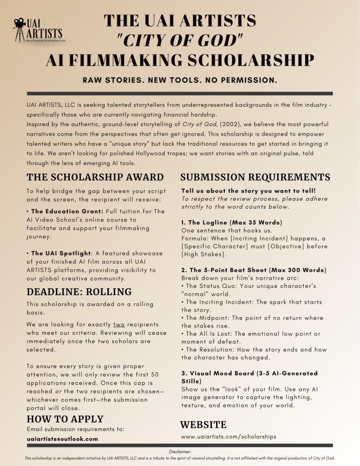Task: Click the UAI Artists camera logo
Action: (38, 29)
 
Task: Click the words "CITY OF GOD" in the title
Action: (179, 41)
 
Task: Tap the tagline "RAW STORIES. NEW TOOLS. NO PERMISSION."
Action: (180, 80)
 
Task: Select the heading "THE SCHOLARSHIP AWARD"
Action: (95, 177)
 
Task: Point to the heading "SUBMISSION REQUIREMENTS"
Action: (255, 177)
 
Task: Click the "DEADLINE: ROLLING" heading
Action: (79, 292)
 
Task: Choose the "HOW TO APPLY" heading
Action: (65, 419)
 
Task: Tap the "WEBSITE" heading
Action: (203, 425)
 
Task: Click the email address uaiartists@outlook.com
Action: (62, 439)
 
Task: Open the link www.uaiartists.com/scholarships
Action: (228, 436)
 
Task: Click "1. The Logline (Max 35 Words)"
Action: (232, 222)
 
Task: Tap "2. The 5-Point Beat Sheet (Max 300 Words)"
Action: (254, 270)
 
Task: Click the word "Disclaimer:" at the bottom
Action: (180, 451)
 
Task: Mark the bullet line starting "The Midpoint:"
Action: (251, 318)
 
